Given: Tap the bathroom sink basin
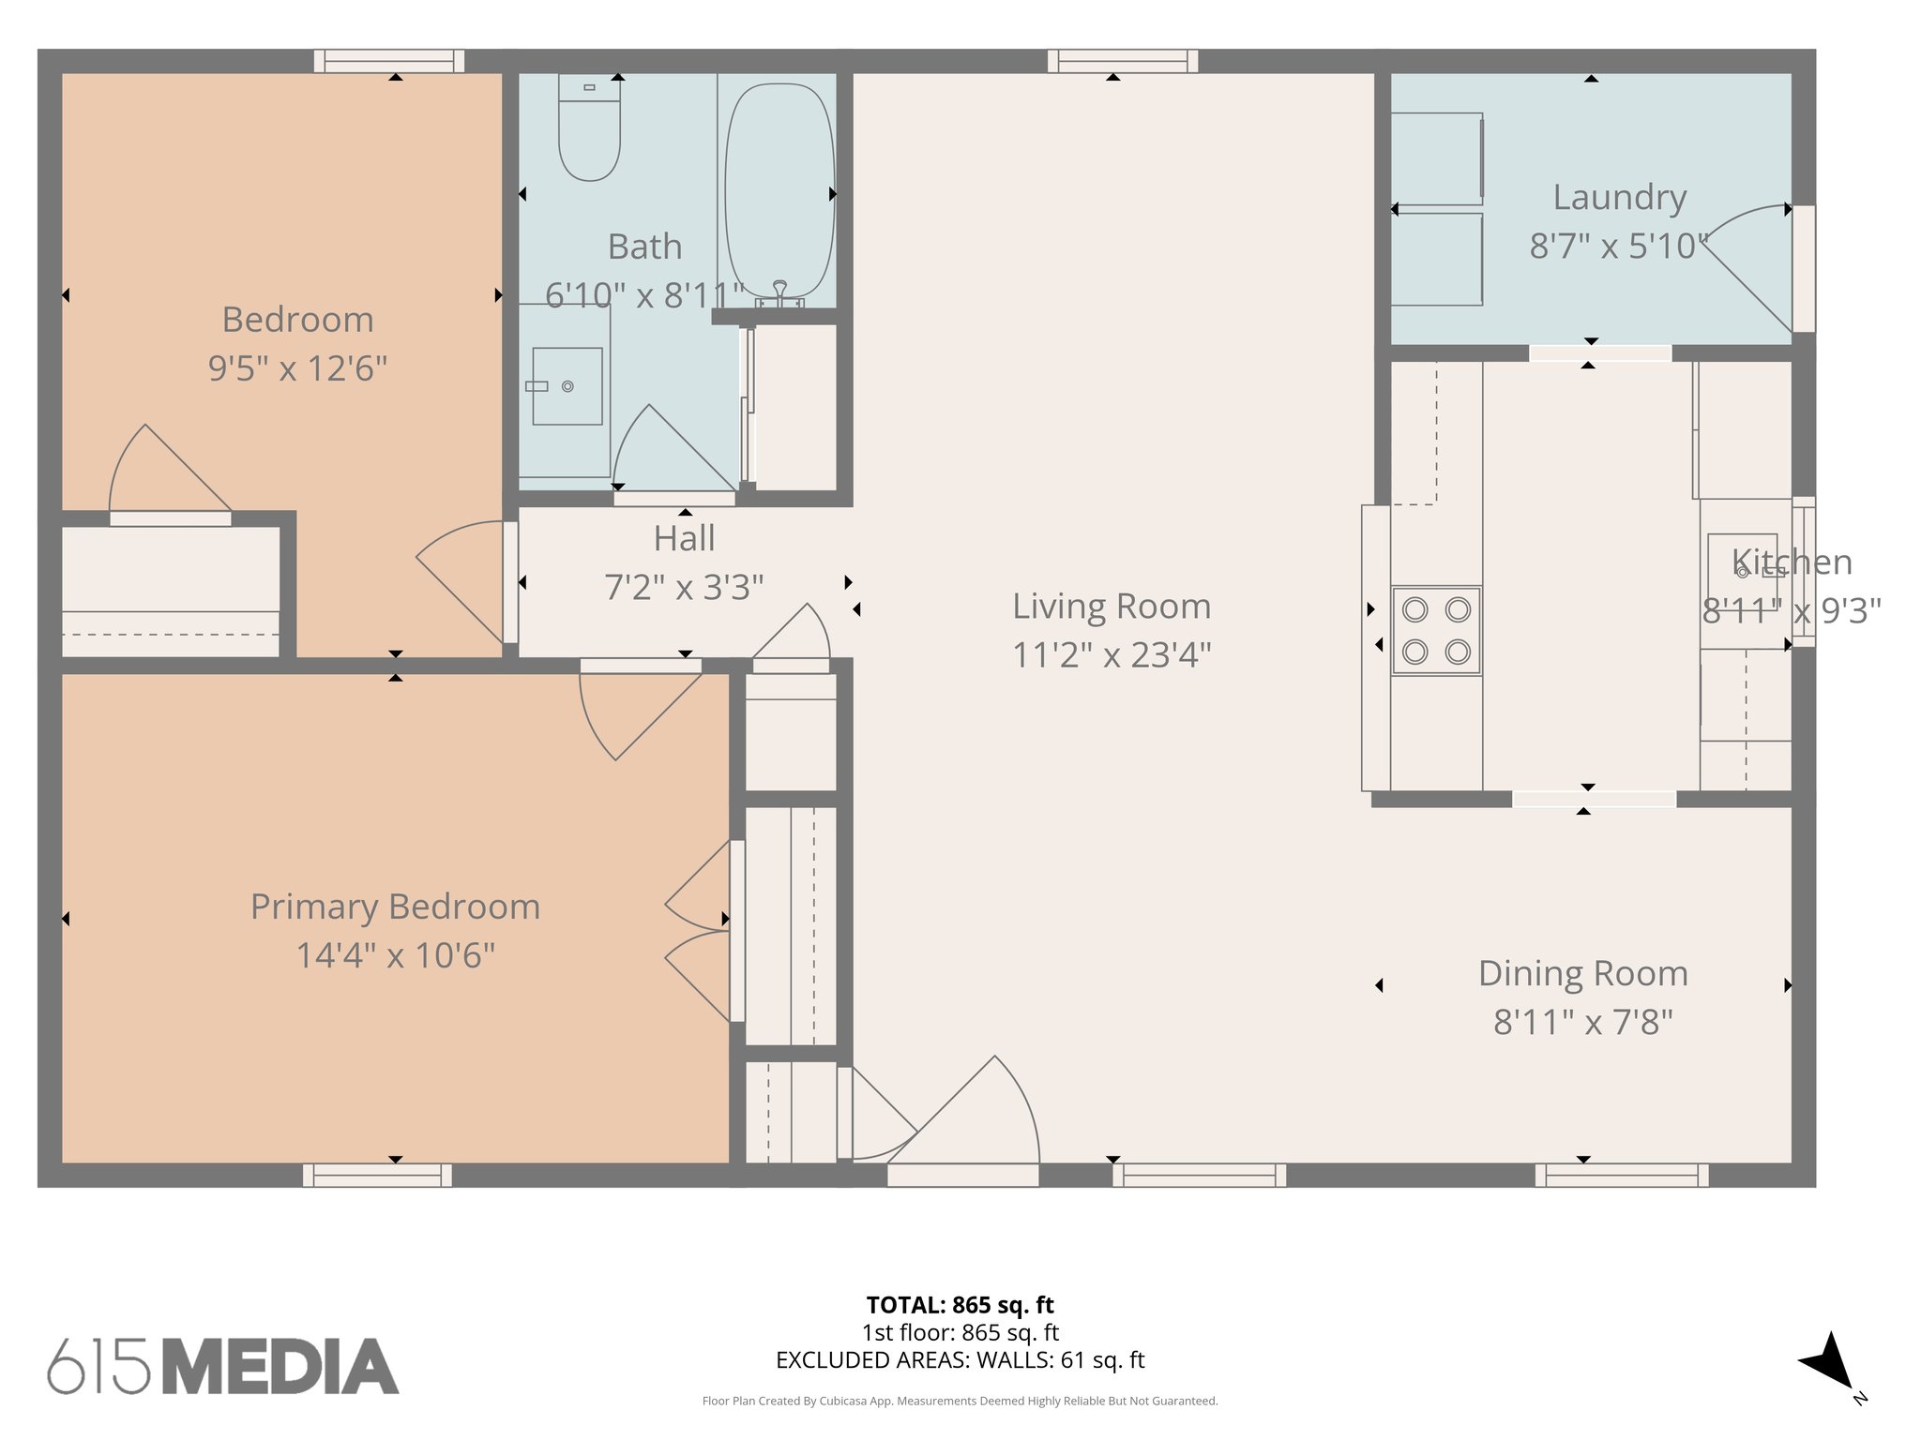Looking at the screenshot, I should [567, 386].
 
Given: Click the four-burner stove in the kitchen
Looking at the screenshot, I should [1435, 631].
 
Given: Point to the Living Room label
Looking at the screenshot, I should [1111, 607].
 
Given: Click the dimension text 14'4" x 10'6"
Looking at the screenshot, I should [395, 955].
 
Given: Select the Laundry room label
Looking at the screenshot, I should [1619, 198].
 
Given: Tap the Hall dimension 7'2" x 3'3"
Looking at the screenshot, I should [684, 588].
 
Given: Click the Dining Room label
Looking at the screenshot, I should [1582, 973].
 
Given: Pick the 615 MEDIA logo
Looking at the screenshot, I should [223, 1366].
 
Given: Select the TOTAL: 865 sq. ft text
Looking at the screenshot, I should [960, 1305].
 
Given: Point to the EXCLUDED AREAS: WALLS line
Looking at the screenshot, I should [960, 1360].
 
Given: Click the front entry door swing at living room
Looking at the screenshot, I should [976, 1116].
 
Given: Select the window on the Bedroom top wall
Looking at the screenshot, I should [388, 61].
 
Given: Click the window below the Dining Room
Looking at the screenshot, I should [1621, 1175].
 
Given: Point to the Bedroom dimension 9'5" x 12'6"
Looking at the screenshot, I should [297, 368].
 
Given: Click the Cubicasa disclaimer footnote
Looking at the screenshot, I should [960, 1402].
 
